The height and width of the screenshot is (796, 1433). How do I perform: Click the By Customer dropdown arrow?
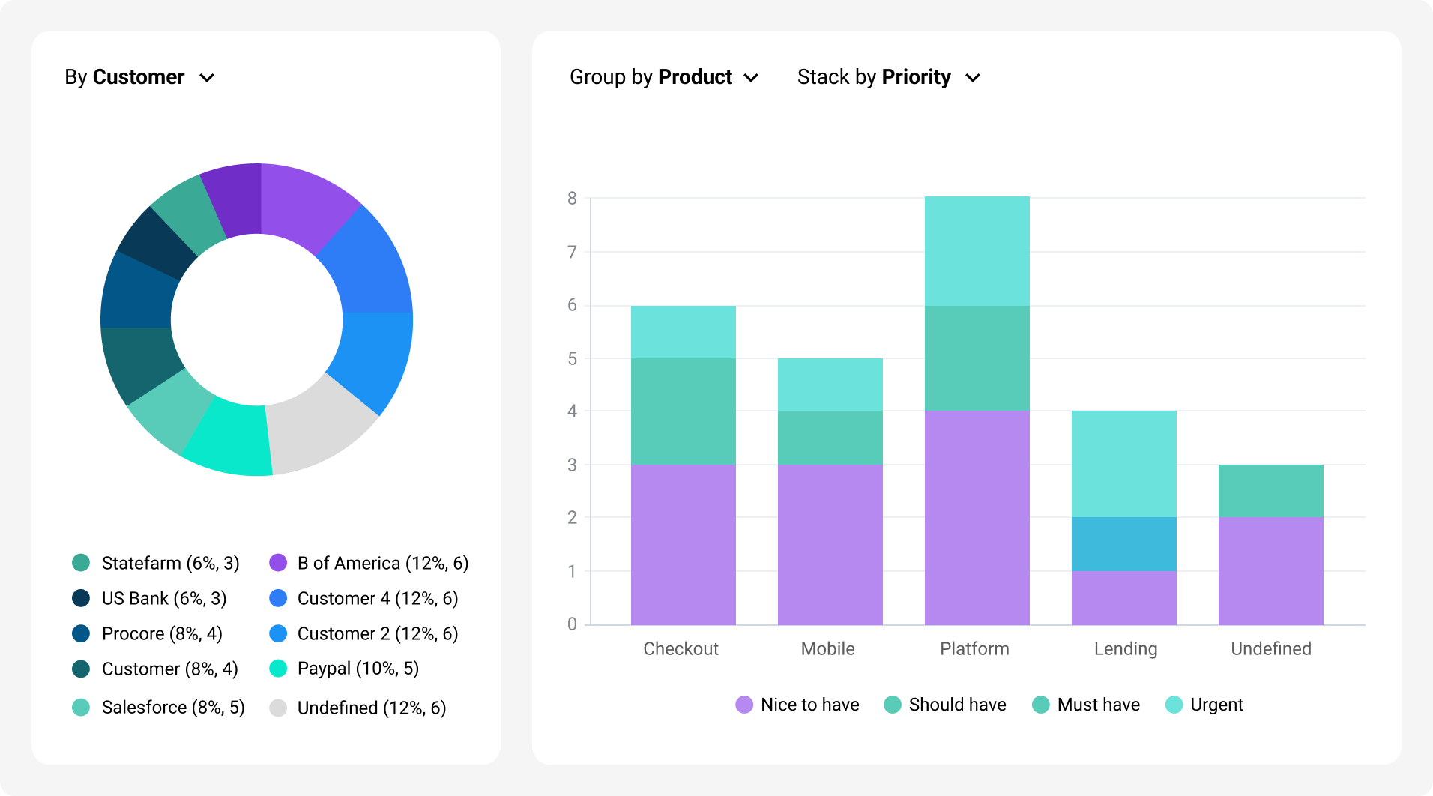pos(208,78)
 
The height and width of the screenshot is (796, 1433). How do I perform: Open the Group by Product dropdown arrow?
pos(751,78)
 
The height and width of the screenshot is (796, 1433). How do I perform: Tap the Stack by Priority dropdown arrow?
pos(973,78)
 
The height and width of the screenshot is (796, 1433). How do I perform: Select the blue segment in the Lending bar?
pos(1123,544)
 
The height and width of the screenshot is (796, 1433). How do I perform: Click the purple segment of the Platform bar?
pos(977,517)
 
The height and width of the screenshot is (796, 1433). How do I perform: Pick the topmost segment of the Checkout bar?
pos(683,332)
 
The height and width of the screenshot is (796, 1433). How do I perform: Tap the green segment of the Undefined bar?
pos(1270,491)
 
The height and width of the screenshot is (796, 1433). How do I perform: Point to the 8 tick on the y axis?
pos(573,199)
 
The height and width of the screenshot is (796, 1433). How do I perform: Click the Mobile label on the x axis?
pos(827,649)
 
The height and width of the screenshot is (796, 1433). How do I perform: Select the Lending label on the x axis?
pos(1125,649)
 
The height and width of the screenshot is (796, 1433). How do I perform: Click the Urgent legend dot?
pos(1174,705)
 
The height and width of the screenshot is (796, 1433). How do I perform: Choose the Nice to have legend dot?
pos(744,705)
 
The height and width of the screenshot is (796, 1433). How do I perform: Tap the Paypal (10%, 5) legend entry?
pos(358,669)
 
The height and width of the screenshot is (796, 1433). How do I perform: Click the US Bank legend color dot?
pos(81,598)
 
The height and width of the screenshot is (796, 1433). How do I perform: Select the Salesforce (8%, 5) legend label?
pos(173,708)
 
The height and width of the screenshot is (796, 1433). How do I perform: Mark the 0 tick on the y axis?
pos(573,624)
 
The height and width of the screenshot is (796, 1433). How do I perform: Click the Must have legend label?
pos(1098,705)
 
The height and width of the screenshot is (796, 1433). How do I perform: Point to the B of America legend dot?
pos(278,563)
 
